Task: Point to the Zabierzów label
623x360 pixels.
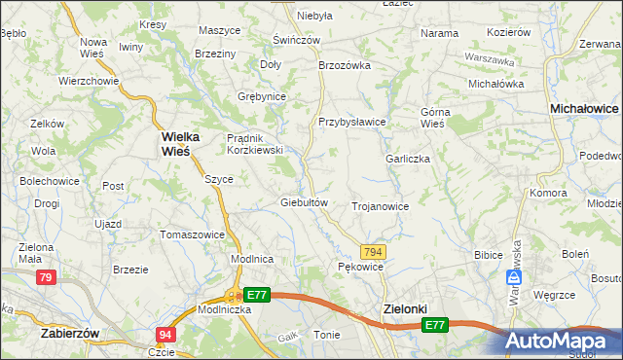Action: click(71, 332)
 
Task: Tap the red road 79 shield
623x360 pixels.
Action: click(45, 278)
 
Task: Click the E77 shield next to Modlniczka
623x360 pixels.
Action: click(256, 294)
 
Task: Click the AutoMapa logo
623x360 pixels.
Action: click(560, 341)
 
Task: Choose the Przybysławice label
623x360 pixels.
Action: click(352, 122)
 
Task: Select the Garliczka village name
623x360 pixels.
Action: click(407, 158)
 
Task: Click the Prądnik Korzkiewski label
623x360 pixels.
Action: click(254, 144)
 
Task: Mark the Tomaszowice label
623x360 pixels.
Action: click(193, 234)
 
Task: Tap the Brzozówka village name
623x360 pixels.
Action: click(346, 65)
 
